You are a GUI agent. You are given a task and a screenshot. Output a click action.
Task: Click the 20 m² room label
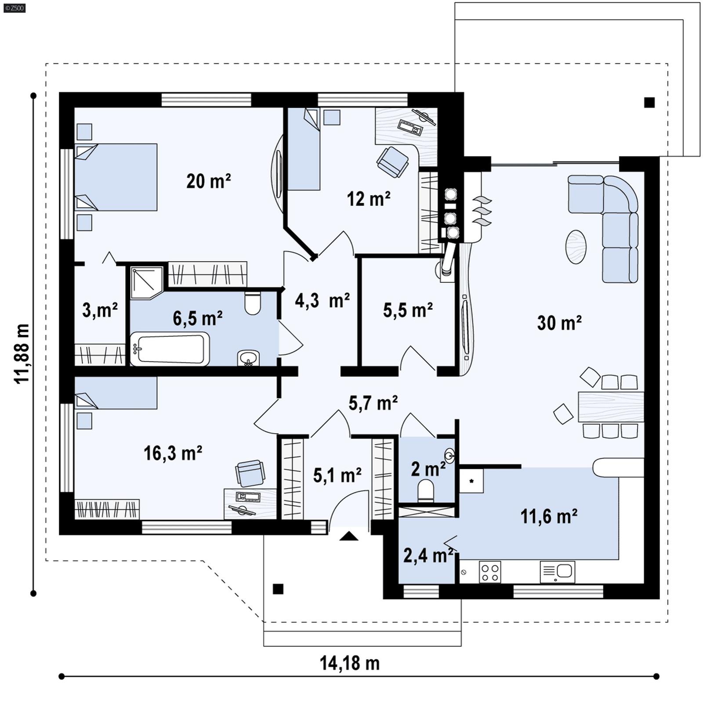(x=208, y=181)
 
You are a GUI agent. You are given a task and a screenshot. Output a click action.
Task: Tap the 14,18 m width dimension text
(x=349, y=663)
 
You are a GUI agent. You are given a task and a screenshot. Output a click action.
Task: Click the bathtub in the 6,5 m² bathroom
(x=170, y=349)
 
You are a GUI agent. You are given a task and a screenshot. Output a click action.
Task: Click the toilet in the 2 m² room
(x=425, y=490)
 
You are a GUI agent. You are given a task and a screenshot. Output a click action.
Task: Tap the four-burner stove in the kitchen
(x=490, y=572)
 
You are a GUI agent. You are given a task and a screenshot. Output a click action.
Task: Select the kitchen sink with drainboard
(x=557, y=572)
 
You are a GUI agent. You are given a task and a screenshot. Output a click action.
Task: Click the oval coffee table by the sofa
(x=576, y=247)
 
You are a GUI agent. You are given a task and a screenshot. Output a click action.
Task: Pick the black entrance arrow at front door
(x=349, y=536)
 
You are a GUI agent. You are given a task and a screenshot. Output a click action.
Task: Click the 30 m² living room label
(x=559, y=323)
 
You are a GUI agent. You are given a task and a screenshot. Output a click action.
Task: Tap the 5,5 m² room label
(x=407, y=310)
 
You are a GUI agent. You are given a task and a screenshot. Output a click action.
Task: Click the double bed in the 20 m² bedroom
(x=116, y=177)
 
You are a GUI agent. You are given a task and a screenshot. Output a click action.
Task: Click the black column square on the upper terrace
(x=649, y=102)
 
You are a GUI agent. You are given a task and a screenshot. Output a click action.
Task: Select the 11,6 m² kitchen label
(x=548, y=516)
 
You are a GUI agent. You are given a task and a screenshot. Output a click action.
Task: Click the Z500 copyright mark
(x=14, y=7)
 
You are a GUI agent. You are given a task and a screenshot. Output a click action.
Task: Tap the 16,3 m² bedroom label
(x=173, y=453)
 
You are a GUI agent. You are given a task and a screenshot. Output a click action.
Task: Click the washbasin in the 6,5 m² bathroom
(x=248, y=358)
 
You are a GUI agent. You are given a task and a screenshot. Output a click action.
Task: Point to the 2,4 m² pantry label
(x=428, y=556)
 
